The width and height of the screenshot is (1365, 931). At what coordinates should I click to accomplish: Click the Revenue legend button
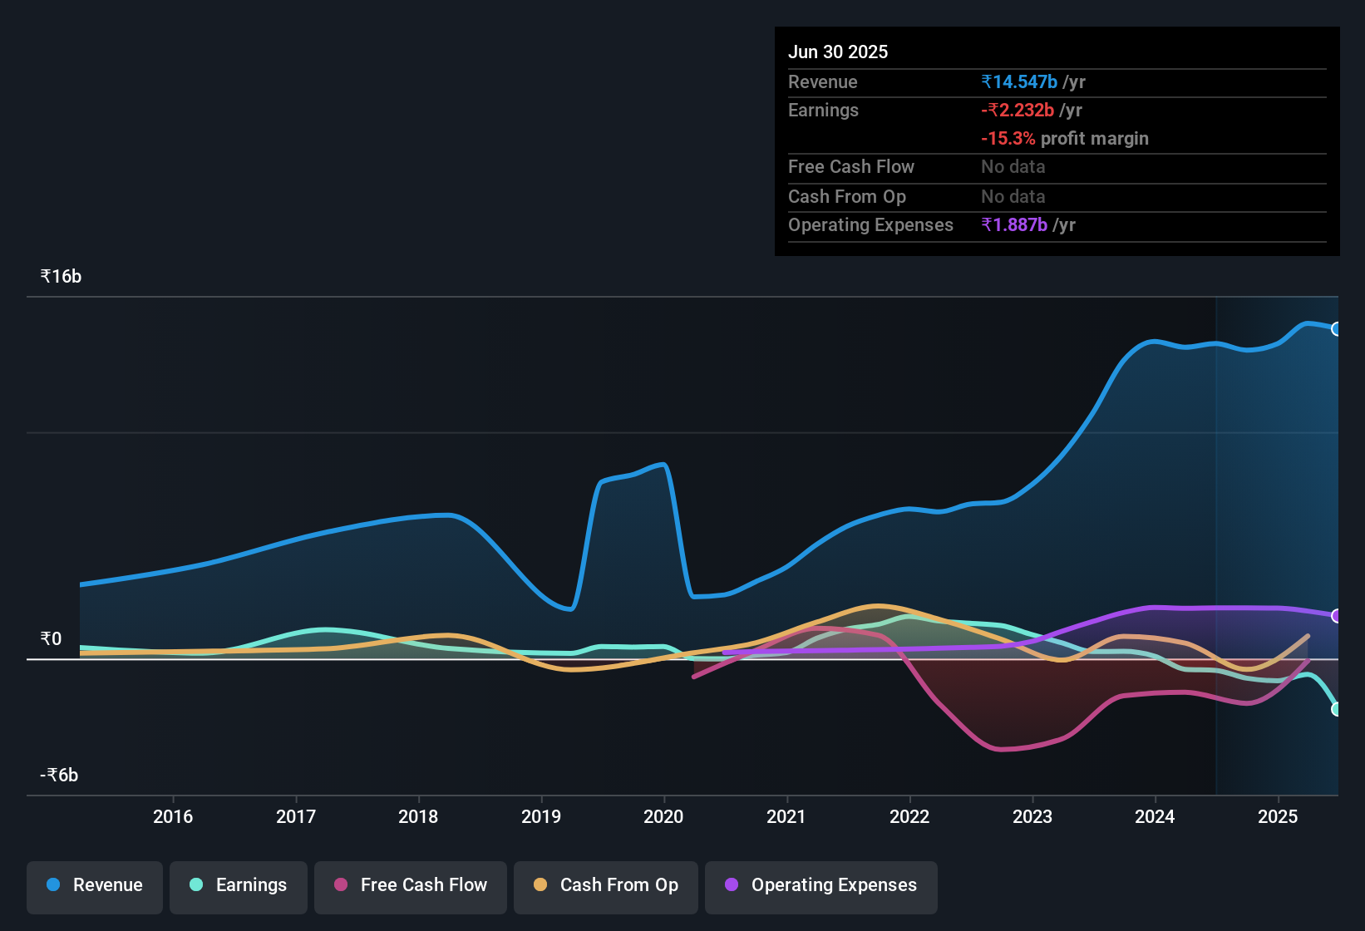click(95, 885)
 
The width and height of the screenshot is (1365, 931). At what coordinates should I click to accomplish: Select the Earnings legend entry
click(239, 885)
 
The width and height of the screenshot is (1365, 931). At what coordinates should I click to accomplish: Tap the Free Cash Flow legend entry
click(411, 885)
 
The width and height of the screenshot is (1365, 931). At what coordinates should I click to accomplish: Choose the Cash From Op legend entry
click(606, 885)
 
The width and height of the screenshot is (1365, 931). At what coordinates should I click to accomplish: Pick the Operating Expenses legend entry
click(821, 885)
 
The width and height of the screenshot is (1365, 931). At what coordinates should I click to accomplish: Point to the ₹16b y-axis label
click(61, 277)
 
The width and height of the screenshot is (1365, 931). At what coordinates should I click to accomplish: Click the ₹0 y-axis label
click(51, 639)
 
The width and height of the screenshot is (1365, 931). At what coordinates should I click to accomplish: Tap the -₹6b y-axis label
click(59, 776)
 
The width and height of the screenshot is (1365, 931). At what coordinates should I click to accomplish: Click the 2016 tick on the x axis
click(173, 817)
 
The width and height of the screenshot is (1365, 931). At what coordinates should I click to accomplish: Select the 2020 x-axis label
click(663, 817)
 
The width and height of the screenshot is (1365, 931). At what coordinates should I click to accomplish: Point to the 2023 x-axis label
click(1032, 817)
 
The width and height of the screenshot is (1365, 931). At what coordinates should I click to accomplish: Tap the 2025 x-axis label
click(1278, 817)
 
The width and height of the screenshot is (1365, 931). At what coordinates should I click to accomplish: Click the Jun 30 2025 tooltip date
click(838, 52)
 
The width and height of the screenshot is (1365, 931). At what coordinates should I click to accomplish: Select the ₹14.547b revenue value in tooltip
click(1019, 82)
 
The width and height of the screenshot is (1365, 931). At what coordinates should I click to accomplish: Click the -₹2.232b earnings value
click(1018, 111)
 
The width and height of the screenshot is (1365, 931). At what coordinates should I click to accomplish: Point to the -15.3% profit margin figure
click(1008, 139)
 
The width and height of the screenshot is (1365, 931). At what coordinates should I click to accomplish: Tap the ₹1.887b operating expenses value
click(1014, 225)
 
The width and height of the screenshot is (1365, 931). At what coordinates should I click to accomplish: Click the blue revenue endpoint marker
click(1337, 329)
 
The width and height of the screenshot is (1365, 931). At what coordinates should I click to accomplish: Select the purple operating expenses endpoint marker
click(1337, 616)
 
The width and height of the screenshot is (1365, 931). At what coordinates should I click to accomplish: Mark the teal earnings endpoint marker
click(1337, 709)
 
